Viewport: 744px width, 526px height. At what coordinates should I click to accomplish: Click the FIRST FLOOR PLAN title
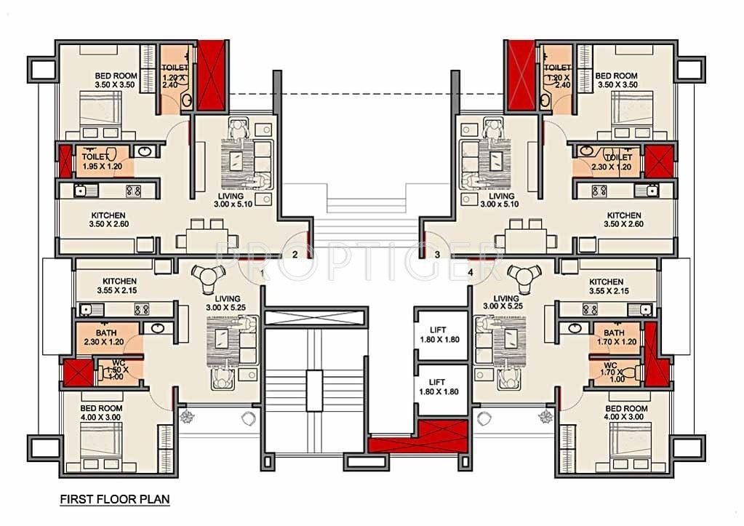(x=114, y=501)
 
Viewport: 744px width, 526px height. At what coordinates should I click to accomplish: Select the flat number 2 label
(x=295, y=254)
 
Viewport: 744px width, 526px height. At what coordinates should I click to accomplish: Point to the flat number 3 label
(x=437, y=254)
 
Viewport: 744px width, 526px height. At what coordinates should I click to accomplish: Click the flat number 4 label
(x=471, y=272)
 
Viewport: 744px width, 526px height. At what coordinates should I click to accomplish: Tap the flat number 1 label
(x=262, y=272)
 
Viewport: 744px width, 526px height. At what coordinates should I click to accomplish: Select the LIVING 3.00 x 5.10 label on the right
(x=501, y=200)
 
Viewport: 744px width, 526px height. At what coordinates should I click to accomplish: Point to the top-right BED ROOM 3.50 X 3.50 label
(x=616, y=80)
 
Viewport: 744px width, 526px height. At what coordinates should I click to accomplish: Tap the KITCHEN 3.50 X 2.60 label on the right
(x=624, y=220)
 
